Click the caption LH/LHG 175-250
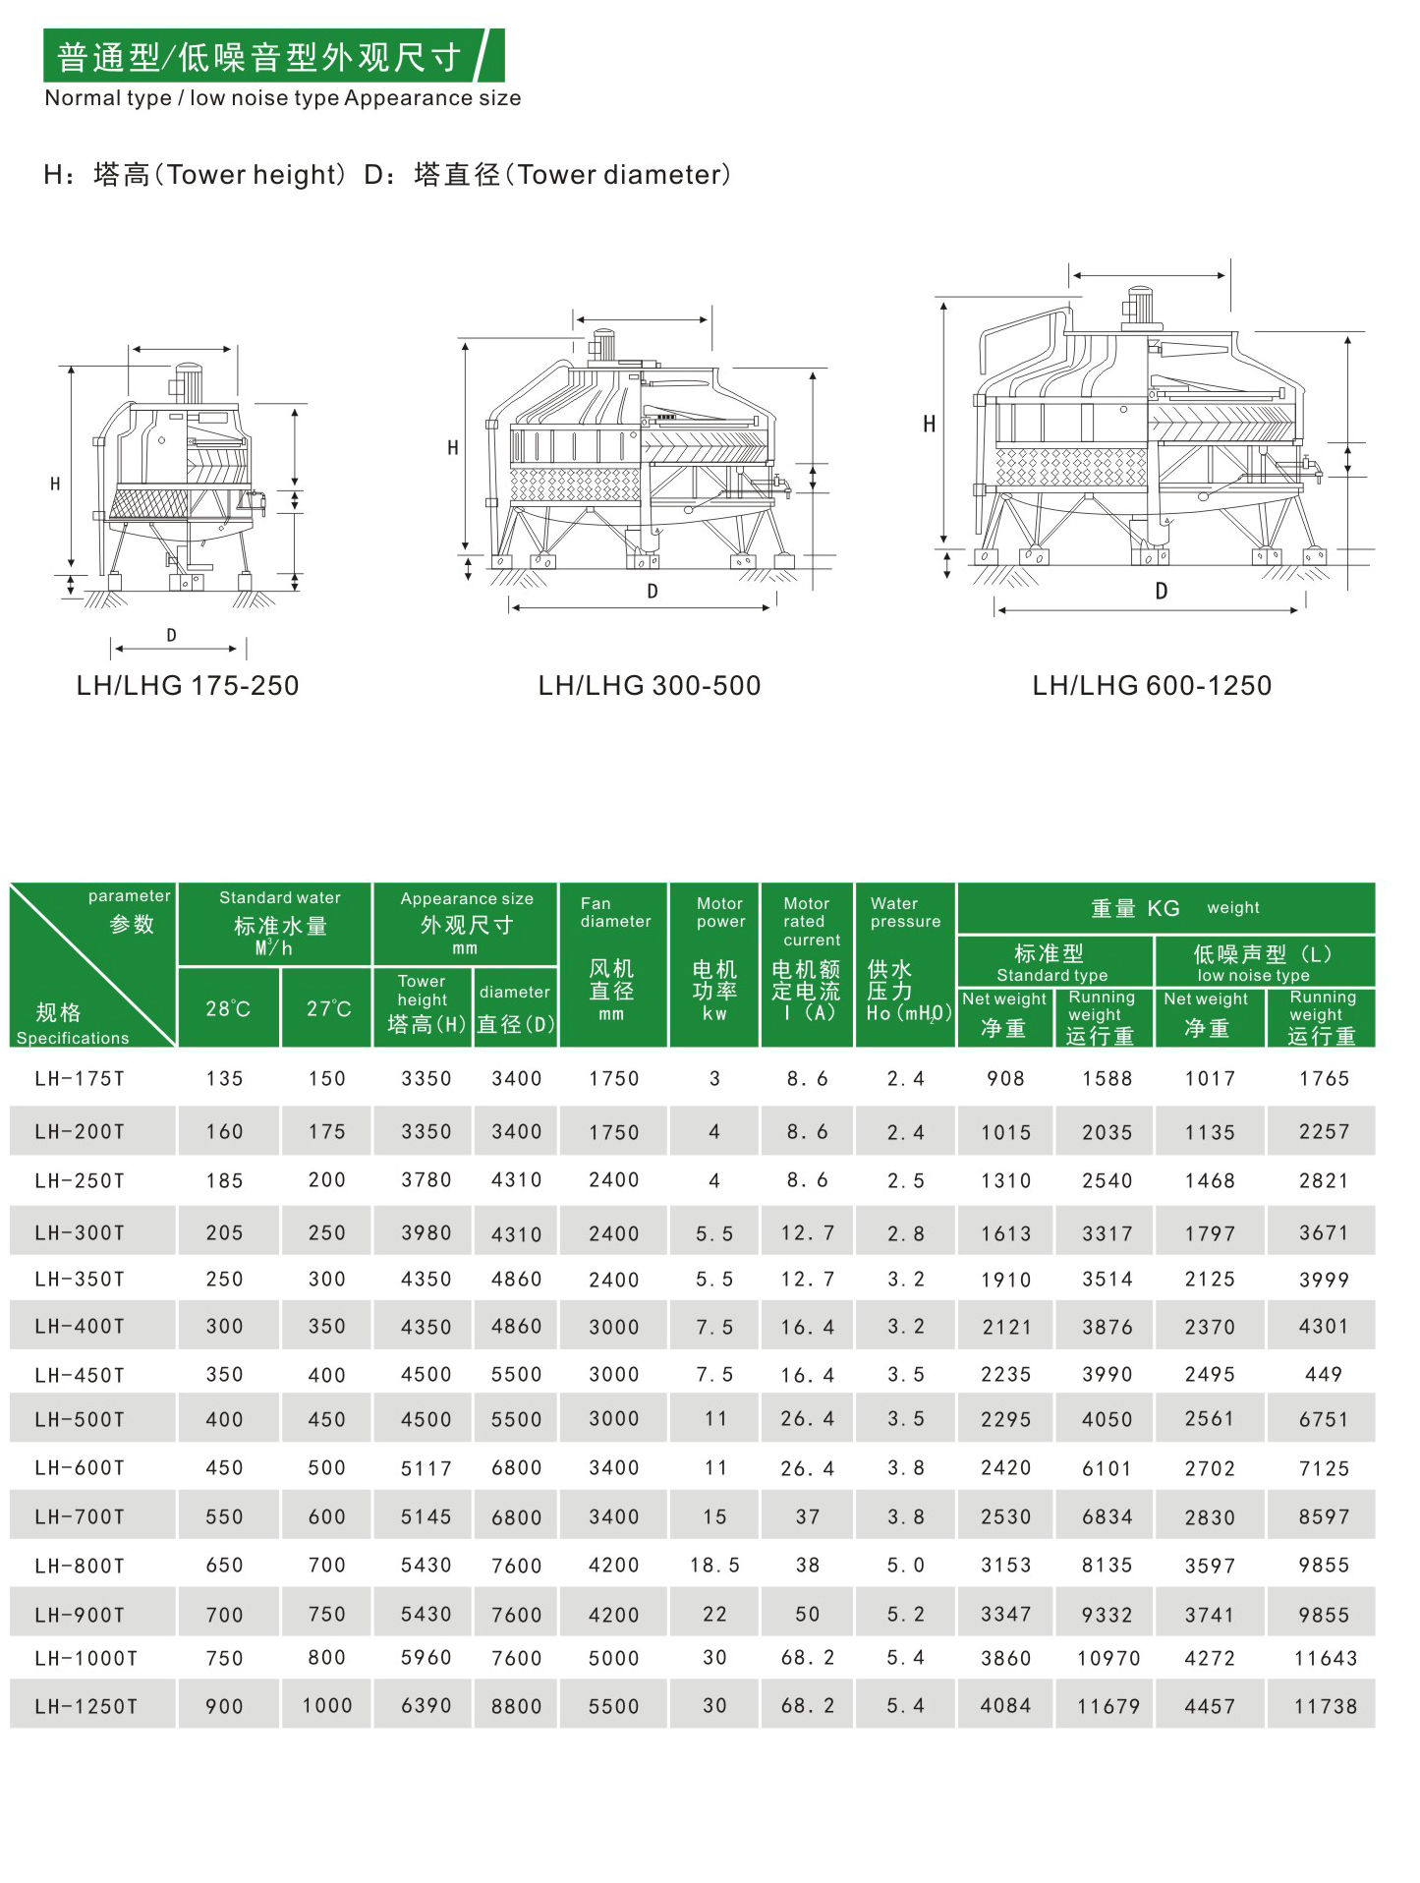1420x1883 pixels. click(188, 685)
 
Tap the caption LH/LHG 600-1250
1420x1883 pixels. click(1152, 685)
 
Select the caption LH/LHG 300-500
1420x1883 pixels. click(650, 685)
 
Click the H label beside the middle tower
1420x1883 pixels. click(452, 448)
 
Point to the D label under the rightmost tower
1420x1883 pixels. click(1162, 592)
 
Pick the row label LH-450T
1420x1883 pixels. click(80, 1375)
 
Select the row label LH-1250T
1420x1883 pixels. click(85, 1707)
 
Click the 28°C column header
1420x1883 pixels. click(228, 1009)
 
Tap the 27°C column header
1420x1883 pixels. click(328, 1009)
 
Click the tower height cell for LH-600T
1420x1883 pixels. click(426, 1468)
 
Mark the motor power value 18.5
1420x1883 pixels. click(714, 1565)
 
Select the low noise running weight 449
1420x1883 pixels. click(1324, 1374)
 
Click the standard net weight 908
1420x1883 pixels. click(1005, 1078)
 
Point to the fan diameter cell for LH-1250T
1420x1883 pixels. click(614, 1707)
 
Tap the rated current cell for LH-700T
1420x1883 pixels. click(808, 1516)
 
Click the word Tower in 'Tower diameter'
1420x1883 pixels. click(556, 175)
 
